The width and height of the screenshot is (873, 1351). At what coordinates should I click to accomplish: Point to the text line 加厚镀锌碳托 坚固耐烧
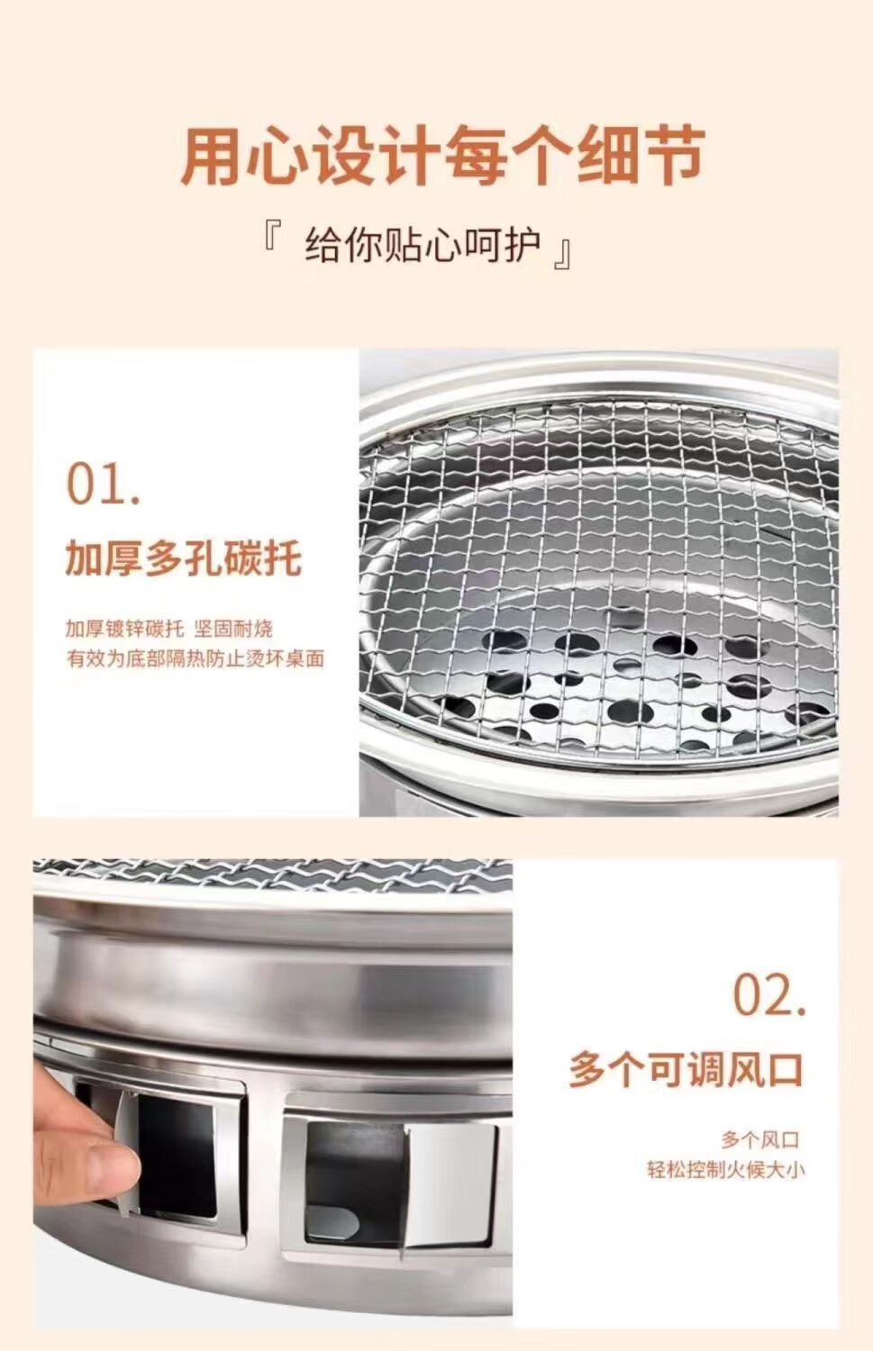(168, 629)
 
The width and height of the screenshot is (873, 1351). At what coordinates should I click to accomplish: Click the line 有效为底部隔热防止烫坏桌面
(195, 658)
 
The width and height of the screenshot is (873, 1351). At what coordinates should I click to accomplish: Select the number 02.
(768, 994)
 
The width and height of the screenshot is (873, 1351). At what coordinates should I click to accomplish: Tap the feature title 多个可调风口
(686, 1069)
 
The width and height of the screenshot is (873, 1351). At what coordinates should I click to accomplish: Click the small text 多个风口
(759, 1140)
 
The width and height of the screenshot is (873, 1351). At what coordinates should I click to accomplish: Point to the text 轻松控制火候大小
(725, 1170)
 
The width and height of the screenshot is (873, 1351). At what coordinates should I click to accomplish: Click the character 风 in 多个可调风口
(736, 1069)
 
